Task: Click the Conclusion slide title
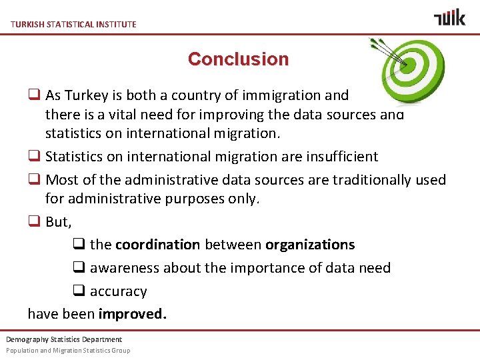click(x=238, y=59)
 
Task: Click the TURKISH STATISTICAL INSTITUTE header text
click(x=73, y=24)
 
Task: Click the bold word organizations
click(x=310, y=245)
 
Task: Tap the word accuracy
click(x=118, y=291)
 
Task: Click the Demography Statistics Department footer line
click(x=64, y=339)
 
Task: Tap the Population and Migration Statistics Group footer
click(x=68, y=350)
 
